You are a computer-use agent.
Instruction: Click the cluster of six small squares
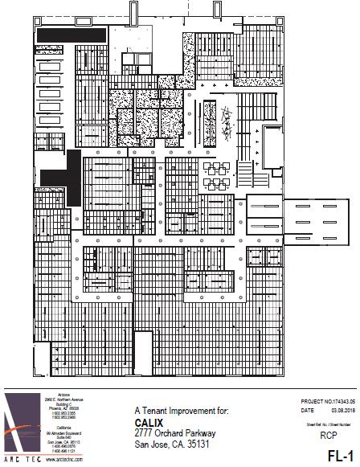click(218, 170)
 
